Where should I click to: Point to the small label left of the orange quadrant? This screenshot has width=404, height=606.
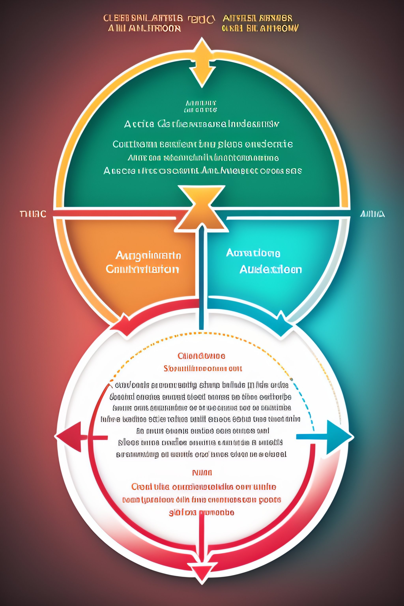[x=33, y=214]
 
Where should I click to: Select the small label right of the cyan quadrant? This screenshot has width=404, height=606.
[x=372, y=214]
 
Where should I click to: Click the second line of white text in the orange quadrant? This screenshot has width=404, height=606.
[x=142, y=269]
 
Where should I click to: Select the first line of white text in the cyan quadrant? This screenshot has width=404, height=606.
[x=253, y=253]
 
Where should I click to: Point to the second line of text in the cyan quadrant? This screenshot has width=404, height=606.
[x=270, y=269]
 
